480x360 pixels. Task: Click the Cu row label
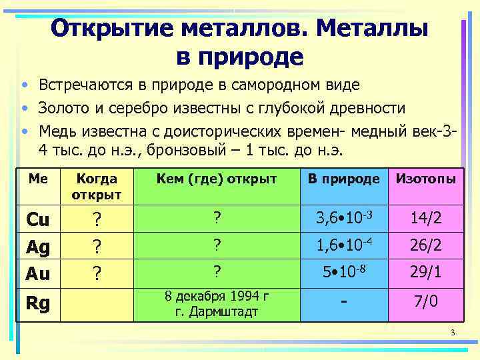(x=37, y=219)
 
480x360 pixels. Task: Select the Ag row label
(x=37, y=247)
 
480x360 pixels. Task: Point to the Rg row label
(x=37, y=303)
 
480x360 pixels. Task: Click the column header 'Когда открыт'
(x=98, y=187)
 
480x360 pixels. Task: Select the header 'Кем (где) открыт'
(x=217, y=179)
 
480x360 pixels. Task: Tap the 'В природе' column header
(x=343, y=179)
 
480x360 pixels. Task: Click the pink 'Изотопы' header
(x=426, y=179)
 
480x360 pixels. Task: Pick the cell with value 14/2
(x=426, y=218)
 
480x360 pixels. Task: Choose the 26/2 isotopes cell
(x=426, y=245)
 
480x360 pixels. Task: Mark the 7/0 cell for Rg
(x=426, y=302)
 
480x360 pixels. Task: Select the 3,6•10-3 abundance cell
(x=343, y=217)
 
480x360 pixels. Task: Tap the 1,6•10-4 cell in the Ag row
(x=343, y=245)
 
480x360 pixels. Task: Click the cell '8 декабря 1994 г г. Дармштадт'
(x=217, y=303)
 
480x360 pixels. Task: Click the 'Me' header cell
(x=37, y=178)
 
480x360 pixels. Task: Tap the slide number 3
(x=452, y=333)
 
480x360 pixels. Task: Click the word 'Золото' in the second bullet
(x=61, y=108)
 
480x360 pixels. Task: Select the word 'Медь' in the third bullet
(x=56, y=129)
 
